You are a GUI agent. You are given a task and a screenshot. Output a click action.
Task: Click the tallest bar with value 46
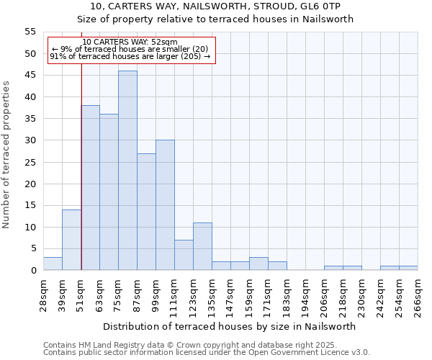pos(127,171)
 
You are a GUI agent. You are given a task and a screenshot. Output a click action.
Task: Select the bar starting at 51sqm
pos(90,188)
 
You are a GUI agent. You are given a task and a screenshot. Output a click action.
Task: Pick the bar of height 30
pos(165,205)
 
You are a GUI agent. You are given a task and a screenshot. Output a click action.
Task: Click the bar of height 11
pos(202,246)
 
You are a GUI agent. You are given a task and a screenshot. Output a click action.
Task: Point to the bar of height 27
pos(146,212)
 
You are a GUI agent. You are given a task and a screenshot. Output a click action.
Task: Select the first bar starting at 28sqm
pos(53,264)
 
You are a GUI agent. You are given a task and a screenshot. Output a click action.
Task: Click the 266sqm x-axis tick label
pos(418,297)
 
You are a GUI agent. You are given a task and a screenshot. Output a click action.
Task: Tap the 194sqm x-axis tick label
pos(305,297)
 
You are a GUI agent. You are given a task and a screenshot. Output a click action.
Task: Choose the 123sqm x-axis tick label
pos(193,297)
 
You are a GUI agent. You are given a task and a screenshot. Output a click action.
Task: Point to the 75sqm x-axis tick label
pos(118,297)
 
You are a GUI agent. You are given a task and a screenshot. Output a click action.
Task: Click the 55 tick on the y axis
pos(30,32)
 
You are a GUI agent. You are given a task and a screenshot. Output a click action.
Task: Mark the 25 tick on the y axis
pos(30,162)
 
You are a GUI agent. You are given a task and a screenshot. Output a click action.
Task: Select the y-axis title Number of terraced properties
pos(7,154)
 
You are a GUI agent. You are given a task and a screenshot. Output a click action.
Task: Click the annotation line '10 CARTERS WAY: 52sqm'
pos(130,42)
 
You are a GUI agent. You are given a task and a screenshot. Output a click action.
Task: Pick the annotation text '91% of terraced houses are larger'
pos(130,56)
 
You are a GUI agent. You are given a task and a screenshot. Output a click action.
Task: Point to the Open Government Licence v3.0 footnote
pos(207,353)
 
